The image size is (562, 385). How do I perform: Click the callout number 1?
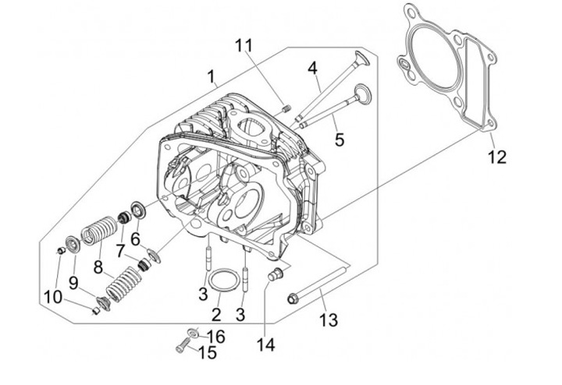click(211, 76)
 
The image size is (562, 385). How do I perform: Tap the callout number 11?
click(245, 45)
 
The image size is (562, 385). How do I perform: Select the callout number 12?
click(497, 157)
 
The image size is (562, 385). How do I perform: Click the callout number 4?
click(314, 68)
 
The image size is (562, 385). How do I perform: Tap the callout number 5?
click(339, 140)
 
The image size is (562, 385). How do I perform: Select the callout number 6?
click(135, 238)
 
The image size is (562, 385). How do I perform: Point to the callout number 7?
click(121, 250)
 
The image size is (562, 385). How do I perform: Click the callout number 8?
click(98, 267)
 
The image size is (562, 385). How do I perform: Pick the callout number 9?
click(73, 281)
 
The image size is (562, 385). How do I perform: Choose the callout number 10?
click(52, 297)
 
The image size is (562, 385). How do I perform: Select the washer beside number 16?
click(194, 331)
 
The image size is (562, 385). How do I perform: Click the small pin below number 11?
click(286, 107)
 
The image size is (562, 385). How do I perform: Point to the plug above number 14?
click(274, 274)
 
